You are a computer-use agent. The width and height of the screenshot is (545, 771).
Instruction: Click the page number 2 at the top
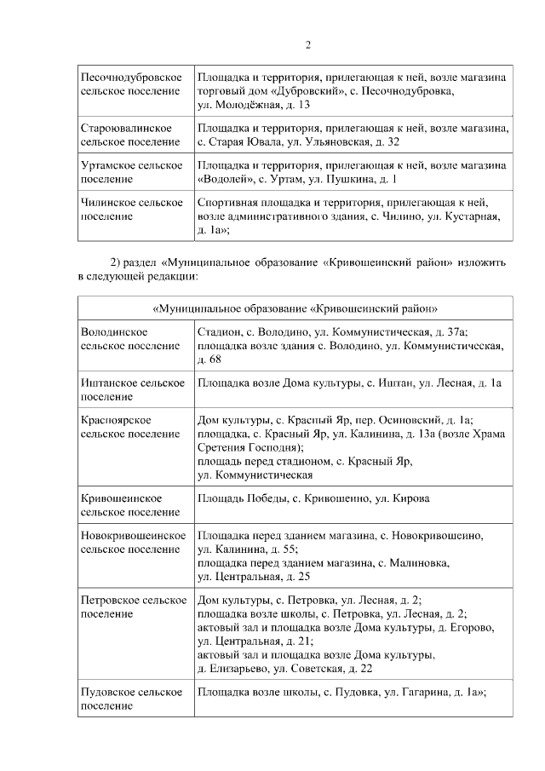(307, 45)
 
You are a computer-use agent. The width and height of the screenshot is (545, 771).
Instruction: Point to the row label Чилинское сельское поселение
(132, 210)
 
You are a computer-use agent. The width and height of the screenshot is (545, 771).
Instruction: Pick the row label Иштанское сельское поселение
(132, 390)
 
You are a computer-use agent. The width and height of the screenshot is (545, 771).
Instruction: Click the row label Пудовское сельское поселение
(132, 699)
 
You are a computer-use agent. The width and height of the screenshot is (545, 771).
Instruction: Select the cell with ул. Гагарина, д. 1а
(341, 693)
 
